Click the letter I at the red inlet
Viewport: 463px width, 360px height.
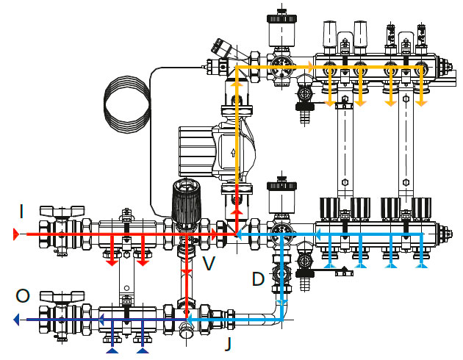point(21,212)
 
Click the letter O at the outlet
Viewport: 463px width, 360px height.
point(23,296)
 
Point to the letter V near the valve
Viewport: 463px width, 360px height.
point(209,262)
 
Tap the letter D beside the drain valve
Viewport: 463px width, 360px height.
point(257,279)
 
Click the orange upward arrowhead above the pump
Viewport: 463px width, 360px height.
point(237,85)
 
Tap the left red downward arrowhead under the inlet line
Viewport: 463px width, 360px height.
point(111,261)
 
